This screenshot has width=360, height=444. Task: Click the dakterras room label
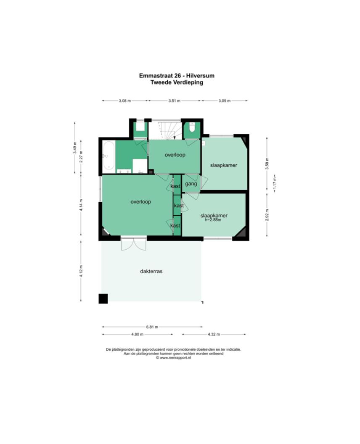pos(151,271)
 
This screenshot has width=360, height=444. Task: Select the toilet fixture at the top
pos(192,127)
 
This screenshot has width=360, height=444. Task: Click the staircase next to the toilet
pos(165,130)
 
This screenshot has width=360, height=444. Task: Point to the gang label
pos(191,184)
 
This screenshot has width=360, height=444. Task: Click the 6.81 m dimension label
pos(152,327)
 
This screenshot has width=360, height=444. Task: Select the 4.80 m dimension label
pos(138,334)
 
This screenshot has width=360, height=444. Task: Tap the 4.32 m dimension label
pos(214,334)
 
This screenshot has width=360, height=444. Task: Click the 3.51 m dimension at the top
pos(174,100)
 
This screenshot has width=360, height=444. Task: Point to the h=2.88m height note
pos(213,220)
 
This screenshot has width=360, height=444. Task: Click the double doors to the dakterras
pos(134,244)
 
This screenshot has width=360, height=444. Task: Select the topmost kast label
pos(175,186)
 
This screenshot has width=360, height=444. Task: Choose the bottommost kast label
pos(175,226)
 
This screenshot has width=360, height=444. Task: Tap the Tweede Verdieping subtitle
pos(177,82)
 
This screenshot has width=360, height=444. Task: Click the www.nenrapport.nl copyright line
pos(173,358)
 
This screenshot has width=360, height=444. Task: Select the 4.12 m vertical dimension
pos(81,271)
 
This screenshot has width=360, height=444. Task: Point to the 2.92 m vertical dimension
pos(267,215)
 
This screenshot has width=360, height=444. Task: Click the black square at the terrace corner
pos(103,299)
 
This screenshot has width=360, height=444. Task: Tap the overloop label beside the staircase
pos(175,155)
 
